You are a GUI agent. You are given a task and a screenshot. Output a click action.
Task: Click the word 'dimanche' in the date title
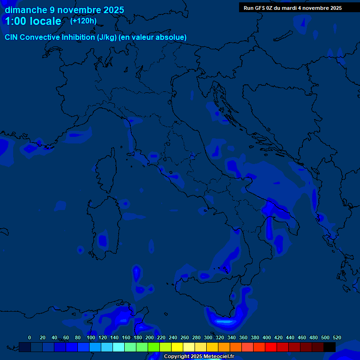click(26, 10)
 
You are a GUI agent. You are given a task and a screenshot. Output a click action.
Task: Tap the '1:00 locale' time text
click(33, 21)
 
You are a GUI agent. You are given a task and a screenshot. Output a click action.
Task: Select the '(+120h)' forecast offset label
click(83, 21)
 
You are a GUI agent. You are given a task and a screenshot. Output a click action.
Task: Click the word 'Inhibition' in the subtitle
click(78, 37)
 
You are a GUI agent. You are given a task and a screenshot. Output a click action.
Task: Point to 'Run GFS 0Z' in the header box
click(258, 8)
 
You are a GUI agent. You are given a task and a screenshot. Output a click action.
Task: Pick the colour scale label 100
click(91, 337)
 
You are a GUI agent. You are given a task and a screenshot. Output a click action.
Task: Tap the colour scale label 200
click(150, 337)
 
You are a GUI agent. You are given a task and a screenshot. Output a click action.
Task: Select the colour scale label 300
click(208, 337)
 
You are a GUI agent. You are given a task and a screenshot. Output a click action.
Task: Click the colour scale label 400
click(267, 337)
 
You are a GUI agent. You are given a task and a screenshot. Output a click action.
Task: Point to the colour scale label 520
click(337, 337)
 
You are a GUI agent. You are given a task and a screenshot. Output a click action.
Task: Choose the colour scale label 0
click(30, 337)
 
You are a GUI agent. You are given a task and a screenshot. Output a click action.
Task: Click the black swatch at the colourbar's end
click(330, 347)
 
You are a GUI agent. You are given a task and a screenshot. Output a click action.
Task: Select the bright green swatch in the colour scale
click(154, 347)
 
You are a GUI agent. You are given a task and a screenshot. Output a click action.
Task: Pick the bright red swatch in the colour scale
click(271, 347)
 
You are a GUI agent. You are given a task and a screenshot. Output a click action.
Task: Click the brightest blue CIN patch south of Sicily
click(224, 322)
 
